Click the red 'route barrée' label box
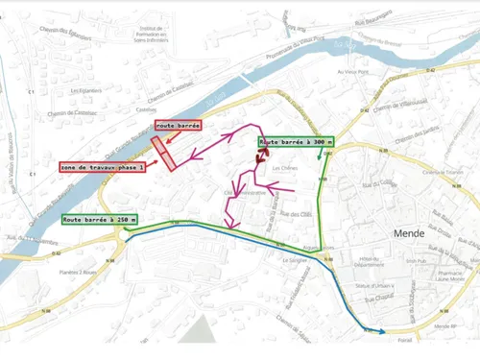tap(178, 126)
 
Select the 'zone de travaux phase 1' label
tap(102, 167)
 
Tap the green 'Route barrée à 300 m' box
tap(296, 142)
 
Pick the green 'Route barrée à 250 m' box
tap(100, 220)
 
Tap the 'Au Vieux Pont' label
tap(353, 71)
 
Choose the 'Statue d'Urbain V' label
tap(368, 286)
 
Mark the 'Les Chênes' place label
tap(285, 168)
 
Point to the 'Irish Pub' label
tap(415, 260)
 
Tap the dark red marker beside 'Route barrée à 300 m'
tap(262, 149)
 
